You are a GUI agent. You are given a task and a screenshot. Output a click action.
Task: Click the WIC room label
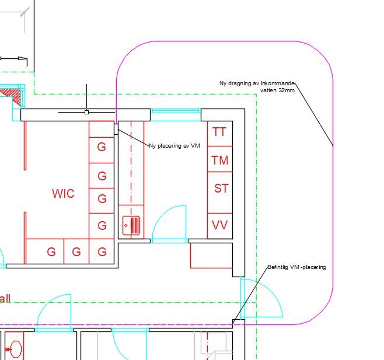point(63,194)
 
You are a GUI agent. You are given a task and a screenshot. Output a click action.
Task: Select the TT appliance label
point(219,132)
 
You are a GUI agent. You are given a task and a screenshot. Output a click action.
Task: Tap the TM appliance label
point(219,160)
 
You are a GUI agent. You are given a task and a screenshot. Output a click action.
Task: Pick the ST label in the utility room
point(221,188)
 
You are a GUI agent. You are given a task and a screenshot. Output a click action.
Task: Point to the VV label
point(219,225)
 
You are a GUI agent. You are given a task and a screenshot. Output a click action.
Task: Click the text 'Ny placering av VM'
point(174,146)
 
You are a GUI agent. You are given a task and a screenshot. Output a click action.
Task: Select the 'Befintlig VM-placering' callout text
point(296,267)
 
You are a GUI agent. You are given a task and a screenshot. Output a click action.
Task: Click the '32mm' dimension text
point(286,90)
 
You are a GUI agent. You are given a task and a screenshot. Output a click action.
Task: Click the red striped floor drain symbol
point(131,225)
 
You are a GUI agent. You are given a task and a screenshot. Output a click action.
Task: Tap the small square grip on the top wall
point(86,111)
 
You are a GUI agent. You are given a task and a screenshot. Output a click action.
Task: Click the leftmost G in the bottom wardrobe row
point(51,252)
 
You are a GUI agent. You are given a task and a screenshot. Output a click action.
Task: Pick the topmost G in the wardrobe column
point(102,146)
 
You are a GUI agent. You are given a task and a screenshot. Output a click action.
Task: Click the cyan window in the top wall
point(176,111)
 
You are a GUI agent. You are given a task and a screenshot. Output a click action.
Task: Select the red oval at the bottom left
point(15,349)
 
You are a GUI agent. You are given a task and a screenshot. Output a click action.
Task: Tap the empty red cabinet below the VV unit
point(211,255)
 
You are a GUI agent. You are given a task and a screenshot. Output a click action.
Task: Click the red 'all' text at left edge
point(5,299)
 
